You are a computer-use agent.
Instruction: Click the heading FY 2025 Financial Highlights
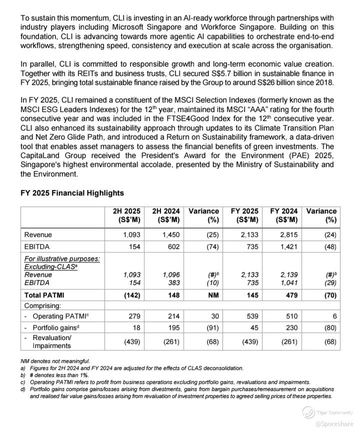coord(72,193)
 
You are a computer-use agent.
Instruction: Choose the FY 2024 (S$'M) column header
coord(283,215)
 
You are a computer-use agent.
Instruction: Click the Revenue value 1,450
coord(171,234)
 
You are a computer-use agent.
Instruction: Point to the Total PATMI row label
coord(44,295)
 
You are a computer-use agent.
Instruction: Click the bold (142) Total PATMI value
coord(131,295)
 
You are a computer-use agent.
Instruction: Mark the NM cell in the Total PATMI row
coord(212,295)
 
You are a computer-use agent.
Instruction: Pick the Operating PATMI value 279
coord(134,316)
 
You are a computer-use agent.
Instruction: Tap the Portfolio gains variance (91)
coord(212,327)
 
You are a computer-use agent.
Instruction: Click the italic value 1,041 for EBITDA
coord(288,282)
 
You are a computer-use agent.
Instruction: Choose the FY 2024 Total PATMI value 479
coord(291,295)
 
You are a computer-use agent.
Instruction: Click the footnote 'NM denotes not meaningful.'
coord(55,361)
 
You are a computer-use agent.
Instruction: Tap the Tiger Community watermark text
coord(334,412)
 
